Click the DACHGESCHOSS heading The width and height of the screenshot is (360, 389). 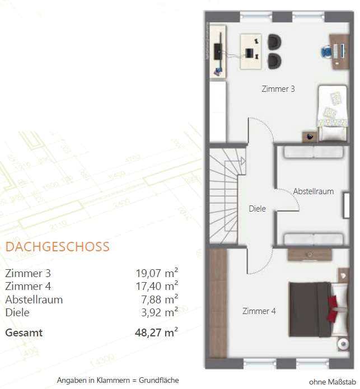57,247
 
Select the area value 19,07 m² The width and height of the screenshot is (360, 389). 157,274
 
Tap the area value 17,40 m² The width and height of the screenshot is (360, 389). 157,287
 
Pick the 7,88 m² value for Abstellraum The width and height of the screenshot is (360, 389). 160,299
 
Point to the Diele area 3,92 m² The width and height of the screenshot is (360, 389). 160,312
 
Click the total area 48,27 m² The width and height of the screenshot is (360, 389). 157,332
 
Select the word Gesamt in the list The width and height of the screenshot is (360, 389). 24,332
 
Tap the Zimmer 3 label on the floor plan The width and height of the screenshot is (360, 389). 278,89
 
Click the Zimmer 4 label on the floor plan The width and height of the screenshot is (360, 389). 259,311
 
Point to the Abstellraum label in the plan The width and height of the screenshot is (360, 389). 313,191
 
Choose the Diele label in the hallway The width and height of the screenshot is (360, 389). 257,209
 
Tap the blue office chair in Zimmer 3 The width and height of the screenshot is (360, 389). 326,51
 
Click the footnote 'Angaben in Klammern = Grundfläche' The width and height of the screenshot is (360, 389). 118,381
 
